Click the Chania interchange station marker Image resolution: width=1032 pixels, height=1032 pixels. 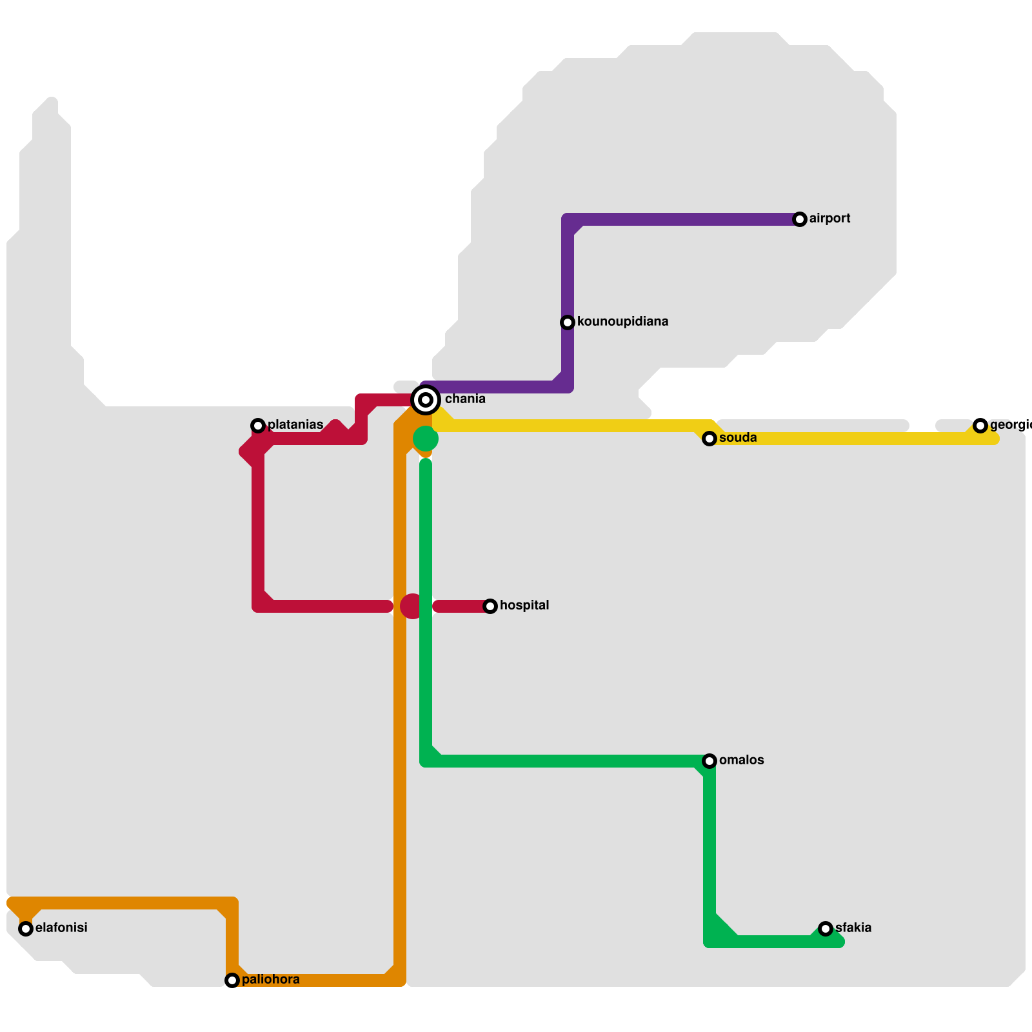[426, 400]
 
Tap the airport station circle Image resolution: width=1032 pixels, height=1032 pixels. [800, 219]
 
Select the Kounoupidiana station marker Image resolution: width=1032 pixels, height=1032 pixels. [568, 322]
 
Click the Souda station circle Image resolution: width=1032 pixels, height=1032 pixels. [709, 439]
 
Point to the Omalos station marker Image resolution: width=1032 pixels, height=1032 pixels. [709, 761]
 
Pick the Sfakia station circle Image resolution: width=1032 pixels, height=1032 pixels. [826, 929]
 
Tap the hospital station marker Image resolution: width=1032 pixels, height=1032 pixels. [490, 606]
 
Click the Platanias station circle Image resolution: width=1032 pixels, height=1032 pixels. [258, 426]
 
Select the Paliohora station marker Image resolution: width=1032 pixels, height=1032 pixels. [232, 980]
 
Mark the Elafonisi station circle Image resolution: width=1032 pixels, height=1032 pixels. [26, 929]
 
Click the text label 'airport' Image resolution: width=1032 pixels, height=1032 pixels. [829, 219]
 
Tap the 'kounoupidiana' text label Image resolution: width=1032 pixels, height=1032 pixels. [622, 322]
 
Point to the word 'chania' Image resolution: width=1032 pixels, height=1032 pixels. [465, 399]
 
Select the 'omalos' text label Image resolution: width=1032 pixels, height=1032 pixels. [741, 760]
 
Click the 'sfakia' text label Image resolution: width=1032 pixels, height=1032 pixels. [853, 928]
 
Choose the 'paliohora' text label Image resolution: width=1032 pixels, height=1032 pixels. [270, 980]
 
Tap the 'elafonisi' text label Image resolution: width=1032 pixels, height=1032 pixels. [61, 928]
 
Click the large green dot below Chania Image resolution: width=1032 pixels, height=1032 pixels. [426, 439]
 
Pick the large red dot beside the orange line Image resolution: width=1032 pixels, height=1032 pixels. [412, 606]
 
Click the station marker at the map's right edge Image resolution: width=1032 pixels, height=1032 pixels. [980, 426]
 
